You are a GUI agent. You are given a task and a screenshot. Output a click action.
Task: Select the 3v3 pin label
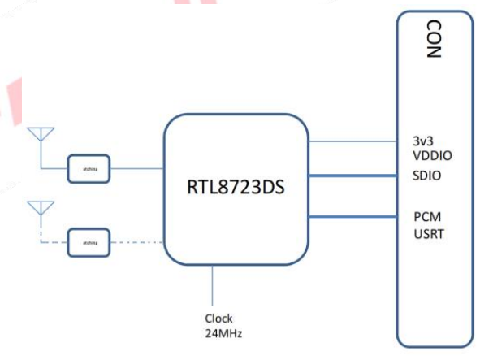point(424,139)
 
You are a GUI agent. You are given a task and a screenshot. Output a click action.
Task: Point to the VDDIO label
point(434,154)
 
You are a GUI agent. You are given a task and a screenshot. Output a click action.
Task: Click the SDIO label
point(428,176)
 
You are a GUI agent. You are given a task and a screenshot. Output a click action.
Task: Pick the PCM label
point(428,217)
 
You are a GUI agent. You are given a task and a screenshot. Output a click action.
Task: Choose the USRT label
point(430,233)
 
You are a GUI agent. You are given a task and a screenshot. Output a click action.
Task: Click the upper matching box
point(89,168)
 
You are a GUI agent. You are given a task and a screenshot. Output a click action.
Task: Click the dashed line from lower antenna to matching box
point(52,241)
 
